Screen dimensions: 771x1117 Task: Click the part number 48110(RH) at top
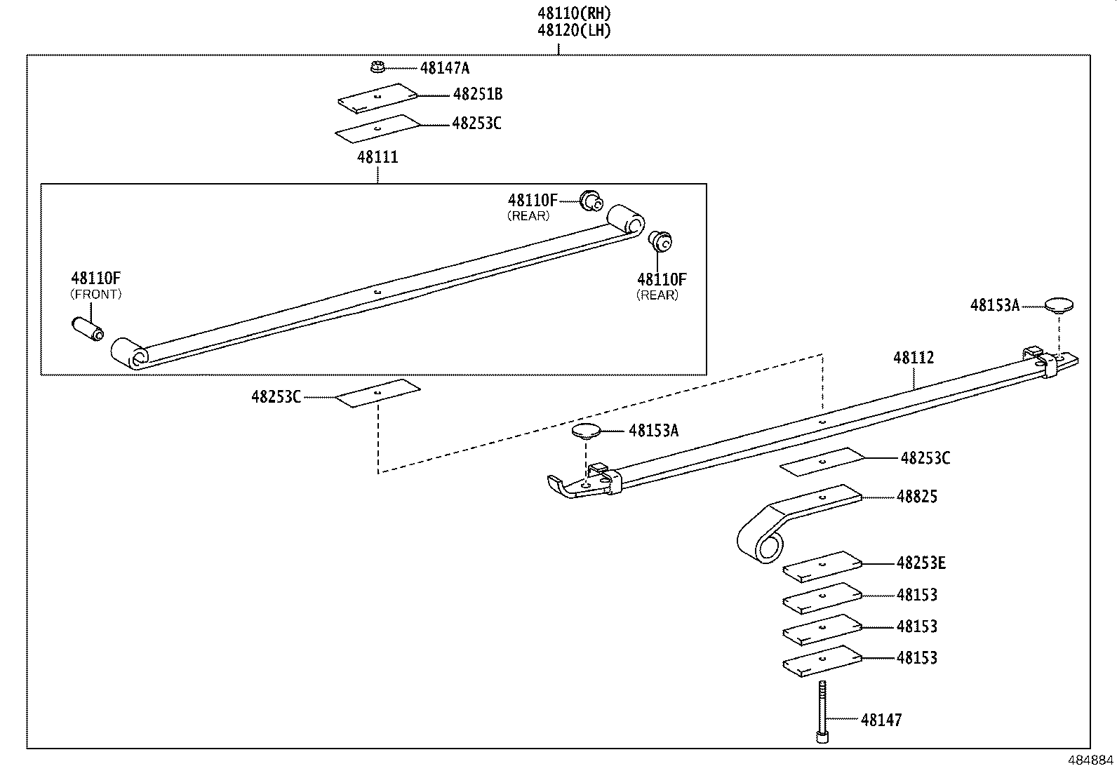[x=574, y=13]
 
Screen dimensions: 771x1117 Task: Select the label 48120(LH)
[x=574, y=30]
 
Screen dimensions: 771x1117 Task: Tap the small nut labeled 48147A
[x=377, y=68]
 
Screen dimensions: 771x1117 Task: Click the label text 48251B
[x=478, y=93]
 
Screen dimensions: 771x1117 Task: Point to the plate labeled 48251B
[x=377, y=98]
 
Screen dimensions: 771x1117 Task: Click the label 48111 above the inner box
[x=377, y=156]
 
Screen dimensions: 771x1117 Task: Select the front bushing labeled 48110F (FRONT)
[x=88, y=328]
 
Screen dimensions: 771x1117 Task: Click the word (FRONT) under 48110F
[x=95, y=295]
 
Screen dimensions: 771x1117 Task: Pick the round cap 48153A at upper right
[x=1059, y=305]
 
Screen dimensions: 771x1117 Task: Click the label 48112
[x=914, y=358]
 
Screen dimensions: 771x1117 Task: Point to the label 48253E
[x=921, y=563]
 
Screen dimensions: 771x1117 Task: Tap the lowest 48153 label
[x=916, y=657]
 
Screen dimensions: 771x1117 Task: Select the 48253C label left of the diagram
[x=276, y=397]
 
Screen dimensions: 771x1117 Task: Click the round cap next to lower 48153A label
[x=587, y=431]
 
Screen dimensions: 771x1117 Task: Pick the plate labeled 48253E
[x=822, y=566]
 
